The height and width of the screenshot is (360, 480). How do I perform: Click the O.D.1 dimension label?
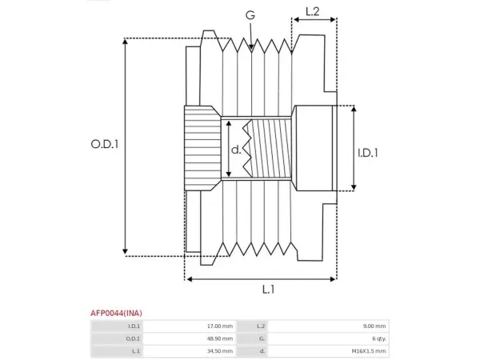tap(105, 144)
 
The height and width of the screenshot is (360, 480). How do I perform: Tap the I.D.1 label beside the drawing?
tap(368, 153)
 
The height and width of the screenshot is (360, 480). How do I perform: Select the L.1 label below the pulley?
tap(269, 290)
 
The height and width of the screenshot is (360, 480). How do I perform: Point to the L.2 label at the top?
tap(313, 12)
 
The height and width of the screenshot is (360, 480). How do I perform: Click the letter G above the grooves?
tap(250, 14)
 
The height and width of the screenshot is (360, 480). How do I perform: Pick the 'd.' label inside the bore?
tap(236, 150)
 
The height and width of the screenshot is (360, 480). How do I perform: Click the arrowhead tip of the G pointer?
tap(251, 50)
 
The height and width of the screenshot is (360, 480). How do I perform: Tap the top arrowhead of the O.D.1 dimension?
tap(125, 39)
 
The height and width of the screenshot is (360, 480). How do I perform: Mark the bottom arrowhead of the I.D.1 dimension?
tap(354, 190)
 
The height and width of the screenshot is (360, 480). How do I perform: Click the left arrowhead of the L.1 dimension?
tap(186, 279)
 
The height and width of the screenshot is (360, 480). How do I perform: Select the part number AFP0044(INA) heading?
tap(116, 313)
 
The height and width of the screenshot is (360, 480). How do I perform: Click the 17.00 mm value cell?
tap(220, 326)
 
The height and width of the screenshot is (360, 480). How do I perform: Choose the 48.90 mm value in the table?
tap(220, 338)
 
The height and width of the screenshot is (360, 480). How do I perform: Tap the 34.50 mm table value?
tap(220, 351)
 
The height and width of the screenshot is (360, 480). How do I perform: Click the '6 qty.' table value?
tap(379, 339)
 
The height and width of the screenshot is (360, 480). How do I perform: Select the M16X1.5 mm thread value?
tap(369, 351)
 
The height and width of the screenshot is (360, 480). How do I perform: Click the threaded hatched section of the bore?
tap(268, 148)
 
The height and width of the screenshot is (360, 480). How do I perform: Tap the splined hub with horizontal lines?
tap(202, 148)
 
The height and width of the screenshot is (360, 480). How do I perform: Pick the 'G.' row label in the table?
tap(262, 338)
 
